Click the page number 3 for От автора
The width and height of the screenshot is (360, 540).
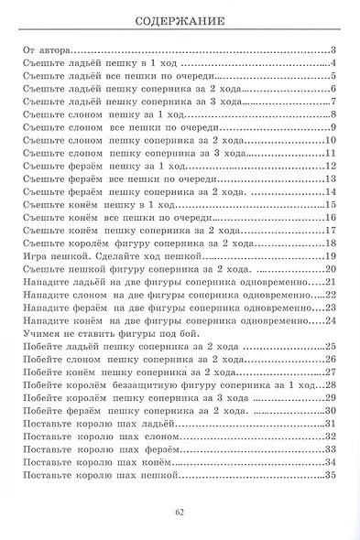(336, 50)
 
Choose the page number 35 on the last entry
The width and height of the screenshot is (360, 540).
(332, 475)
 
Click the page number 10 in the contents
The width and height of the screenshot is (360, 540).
(332, 140)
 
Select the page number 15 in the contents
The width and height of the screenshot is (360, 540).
(332, 204)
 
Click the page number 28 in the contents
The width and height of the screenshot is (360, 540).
(332, 385)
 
